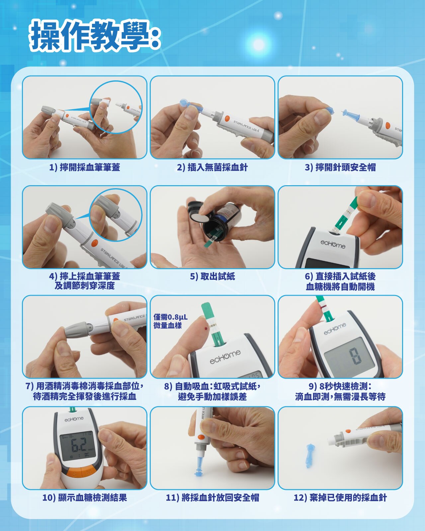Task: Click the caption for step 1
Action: click(x=85, y=168)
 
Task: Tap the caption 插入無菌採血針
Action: click(x=212, y=168)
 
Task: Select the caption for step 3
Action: click(x=340, y=168)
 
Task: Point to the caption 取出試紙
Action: click(x=212, y=276)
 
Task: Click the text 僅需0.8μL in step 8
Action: click(x=170, y=317)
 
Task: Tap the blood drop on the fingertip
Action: click(x=206, y=329)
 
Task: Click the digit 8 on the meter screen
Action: click(x=356, y=355)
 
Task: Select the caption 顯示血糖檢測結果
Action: click(x=85, y=498)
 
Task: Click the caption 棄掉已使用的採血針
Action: click(x=340, y=498)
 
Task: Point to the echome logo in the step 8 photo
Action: click(x=225, y=357)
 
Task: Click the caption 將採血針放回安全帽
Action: click(x=212, y=498)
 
